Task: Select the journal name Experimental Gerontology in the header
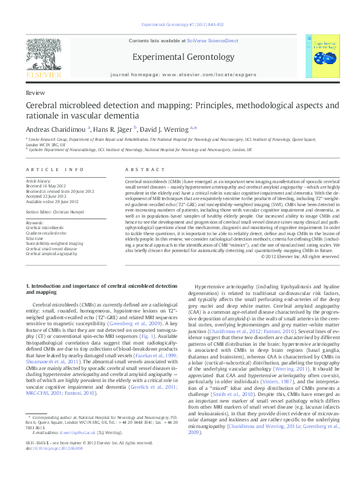click(180, 56)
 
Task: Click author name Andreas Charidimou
click(56, 129)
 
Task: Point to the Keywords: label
click(35, 222)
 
